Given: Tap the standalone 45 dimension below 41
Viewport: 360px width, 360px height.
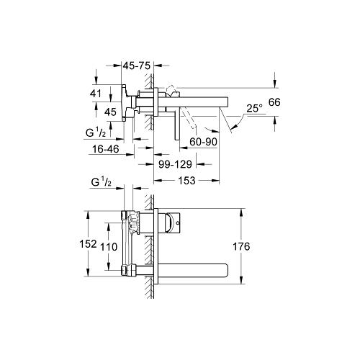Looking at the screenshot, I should click(x=110, y=111).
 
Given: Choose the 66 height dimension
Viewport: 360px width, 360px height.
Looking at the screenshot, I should click(x=273, y=103).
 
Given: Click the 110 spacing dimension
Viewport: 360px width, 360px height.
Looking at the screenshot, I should click(x=109, y=246).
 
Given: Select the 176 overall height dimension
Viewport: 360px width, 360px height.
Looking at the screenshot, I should click(x=241, y=247).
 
